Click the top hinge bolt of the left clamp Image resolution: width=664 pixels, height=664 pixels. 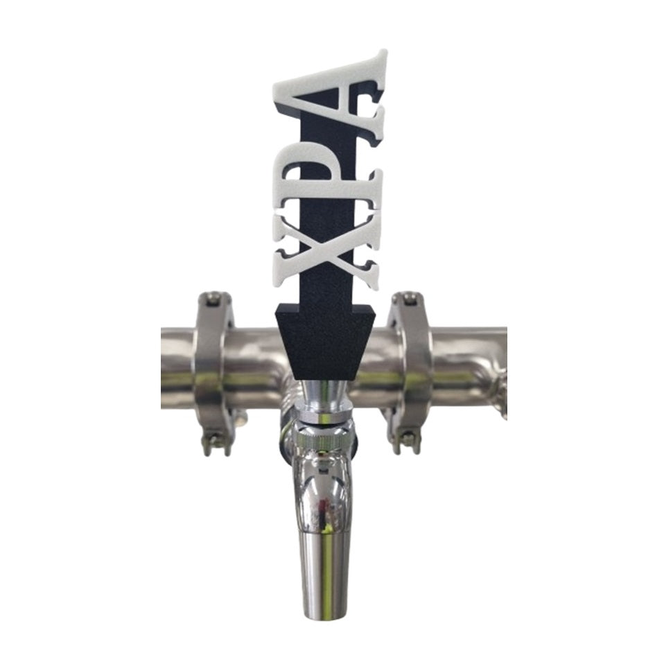point(214,299)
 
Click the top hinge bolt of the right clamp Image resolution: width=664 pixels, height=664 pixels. point(410,299)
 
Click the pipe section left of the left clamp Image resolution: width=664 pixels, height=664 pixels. point(177,367)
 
